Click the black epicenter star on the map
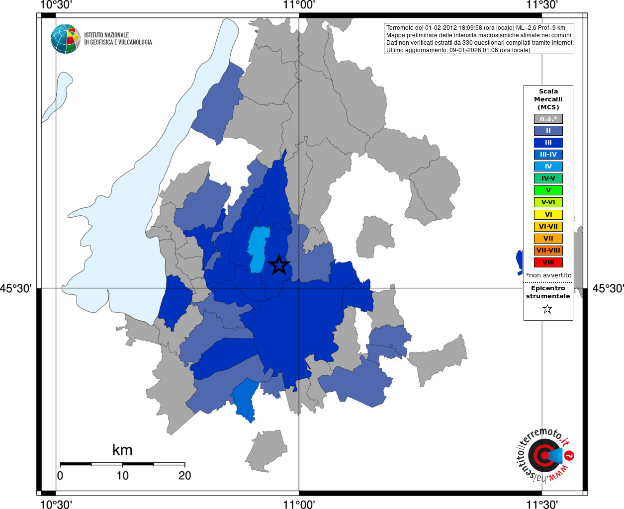pyautogui.click(x=279, y=264)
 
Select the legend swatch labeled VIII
pyautogui.click(x=548, y=262)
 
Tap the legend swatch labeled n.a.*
pyautogui.click(x=548, y=119)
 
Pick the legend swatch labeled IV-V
pyautogui.click(x=548, y=178)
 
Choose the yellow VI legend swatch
pyautogui.click(x=548, y=215)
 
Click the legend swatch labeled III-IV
pyautogui.click(x=548, y=155)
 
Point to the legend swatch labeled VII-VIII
pyautogui.click(x=548, y=251)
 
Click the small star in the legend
pyautogui.click(x=547, y=309)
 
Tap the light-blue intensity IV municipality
pyautogui.click(x=258, y=249)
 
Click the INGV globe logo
pyautogui.click(x=65, y=39)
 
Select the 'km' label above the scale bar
pyautogui.click(x=122, y=450)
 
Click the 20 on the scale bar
pyautogui.click(x=184, y=476)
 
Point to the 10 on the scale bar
pyautogui.click(x=122, y=476)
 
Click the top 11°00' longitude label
pyautogui.click(x=299, y=5)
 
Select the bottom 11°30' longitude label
pyautogui.click(x=541, y=505)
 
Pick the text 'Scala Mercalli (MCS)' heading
pyautogui.click(x=548, y=99)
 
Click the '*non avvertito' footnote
pyautogui.click(x=548, y=275)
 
